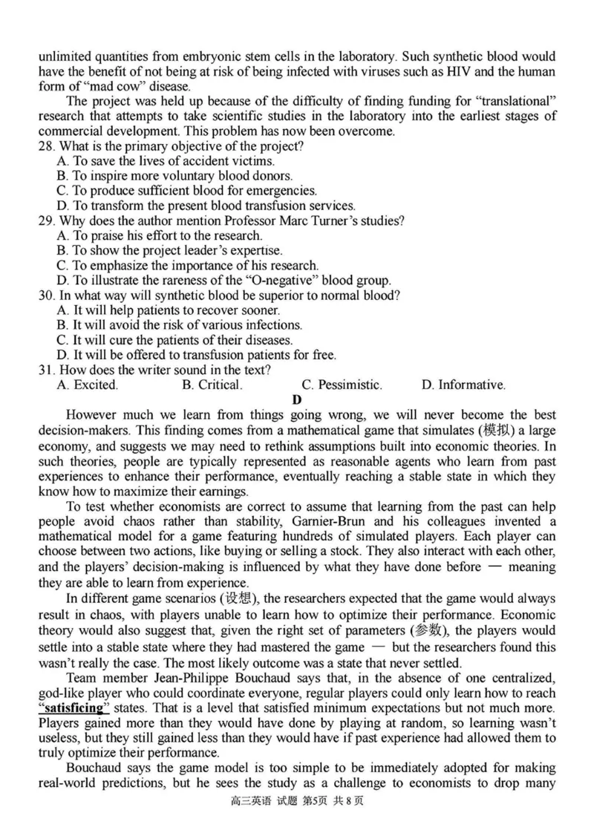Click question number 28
tap(46, 146)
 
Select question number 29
tap(46, 221)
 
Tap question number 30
tap(46, 295)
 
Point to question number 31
tap(46, 370)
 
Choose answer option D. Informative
tap(463, 385)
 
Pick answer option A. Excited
tap(87, 385)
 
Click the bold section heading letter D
tap(297, 400)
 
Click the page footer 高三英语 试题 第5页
tap(297, 821)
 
